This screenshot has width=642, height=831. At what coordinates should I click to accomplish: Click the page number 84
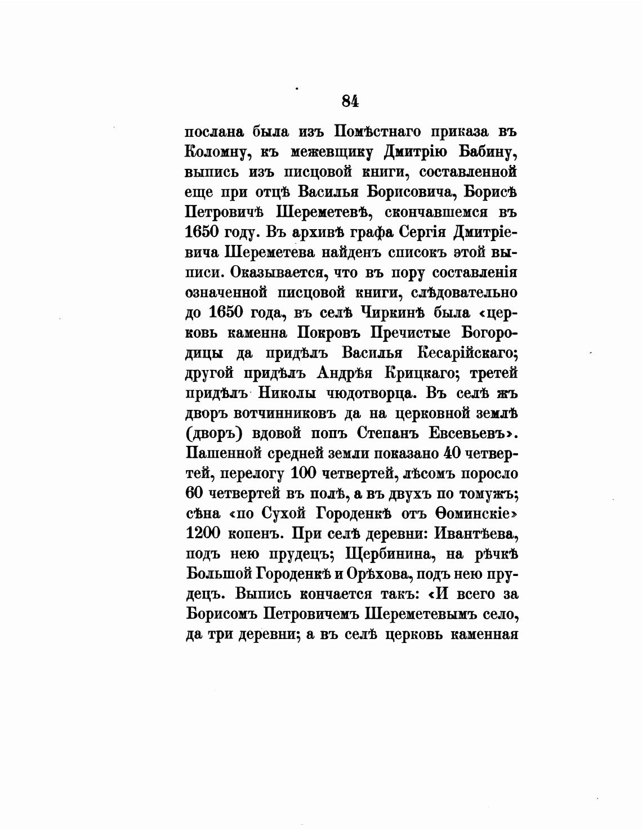[350, 101]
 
